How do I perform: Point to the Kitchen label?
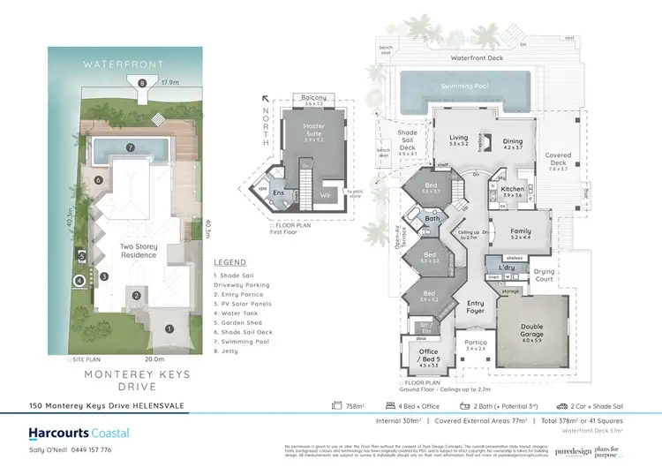coord(513,191)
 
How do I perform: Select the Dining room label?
coord(513,142)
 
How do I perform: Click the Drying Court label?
coord(545,274)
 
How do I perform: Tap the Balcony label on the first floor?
coord(313,98)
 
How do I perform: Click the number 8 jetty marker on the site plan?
coord(142,84)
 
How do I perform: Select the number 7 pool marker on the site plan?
coord(129,147)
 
